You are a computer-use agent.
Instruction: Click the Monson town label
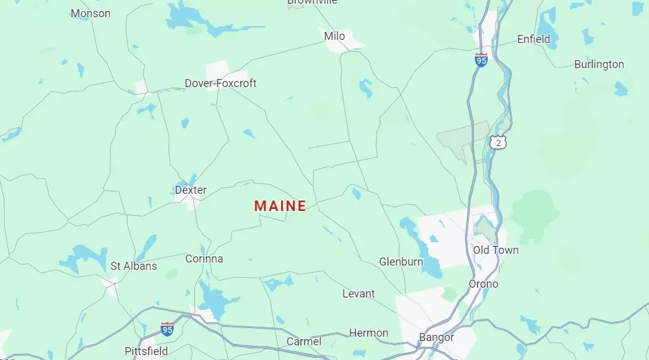pos(91,13)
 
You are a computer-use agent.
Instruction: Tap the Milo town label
pos(334,36)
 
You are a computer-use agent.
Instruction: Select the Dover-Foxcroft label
pos(221,83)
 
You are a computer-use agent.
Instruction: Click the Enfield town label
pos(534,39)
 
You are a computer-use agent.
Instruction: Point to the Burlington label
pos(599,64)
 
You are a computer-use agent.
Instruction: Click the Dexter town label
pos(191,190)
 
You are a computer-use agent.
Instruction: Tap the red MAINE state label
pos(280,206)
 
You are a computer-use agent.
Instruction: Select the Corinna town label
pos(204,259)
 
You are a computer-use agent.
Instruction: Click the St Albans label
pos(134,266)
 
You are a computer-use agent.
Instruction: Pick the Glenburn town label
pos(401,262)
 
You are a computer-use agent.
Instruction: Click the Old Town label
pos(496,250)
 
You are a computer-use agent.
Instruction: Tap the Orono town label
pos(483,284)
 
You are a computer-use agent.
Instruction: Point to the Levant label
pos(358,294)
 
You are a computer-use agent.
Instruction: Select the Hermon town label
pos(369,333)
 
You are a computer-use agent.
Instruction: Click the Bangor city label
pos(437,337)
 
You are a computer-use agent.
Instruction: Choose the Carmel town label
pos(304,341)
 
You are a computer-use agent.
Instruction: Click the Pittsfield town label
pos(146,351)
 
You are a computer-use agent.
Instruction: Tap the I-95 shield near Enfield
pos(482,60)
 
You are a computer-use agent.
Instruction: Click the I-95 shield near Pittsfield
pos(167,329)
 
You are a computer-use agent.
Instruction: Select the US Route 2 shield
pos(499,143)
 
